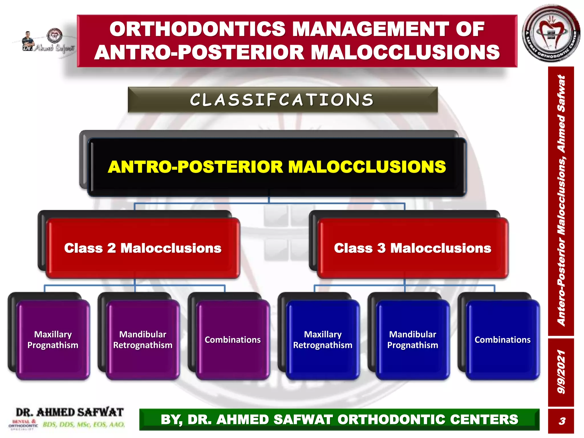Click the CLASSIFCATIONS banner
(282, 100)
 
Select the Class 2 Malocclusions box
(143, 248)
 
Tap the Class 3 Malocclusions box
(413, 248)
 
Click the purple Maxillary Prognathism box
(53, 340)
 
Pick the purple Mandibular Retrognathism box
(143, 340)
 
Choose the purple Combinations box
(233, 340)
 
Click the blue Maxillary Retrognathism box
(323, 340)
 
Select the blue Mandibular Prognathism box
(413, 340)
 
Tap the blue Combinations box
(502, 340)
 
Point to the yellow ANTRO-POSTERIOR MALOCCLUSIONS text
(277, 167)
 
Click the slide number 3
(561, 421)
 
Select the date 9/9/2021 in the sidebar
(561, 372)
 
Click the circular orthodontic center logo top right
(551, 33)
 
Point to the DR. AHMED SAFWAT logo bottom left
(70, 412)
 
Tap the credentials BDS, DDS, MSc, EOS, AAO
(84, 425)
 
